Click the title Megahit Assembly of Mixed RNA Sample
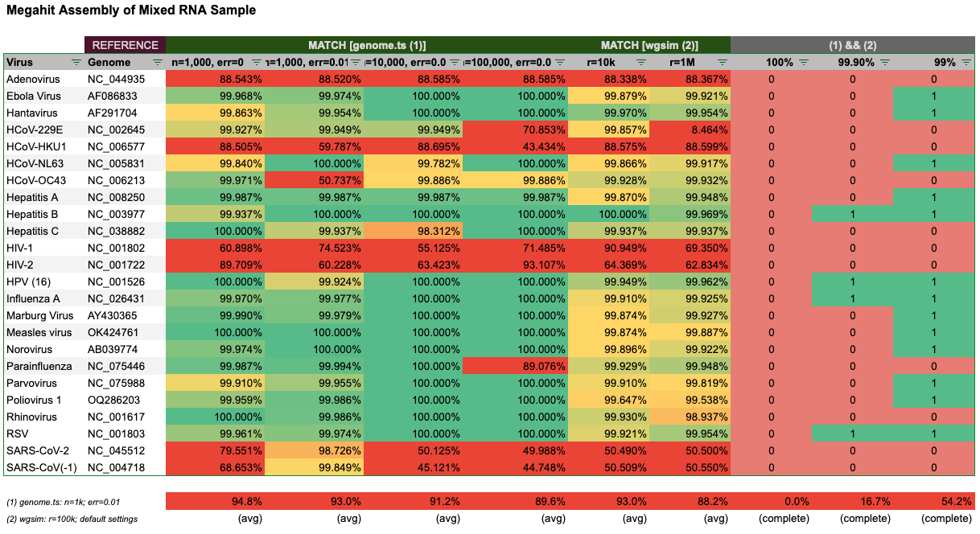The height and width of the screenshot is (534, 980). click(x=131, y=11)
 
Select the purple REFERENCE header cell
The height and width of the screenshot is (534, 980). click(x=126, y=46)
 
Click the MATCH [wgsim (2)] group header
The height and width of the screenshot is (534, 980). click(x=649, y=46)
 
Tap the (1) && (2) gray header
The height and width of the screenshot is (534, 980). click(x=852, y=46)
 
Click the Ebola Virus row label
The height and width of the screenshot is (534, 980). click(x=33, y=96)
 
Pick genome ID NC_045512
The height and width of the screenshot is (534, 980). click(x=116, y=450)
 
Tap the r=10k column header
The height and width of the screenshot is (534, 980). click(x=602, y=62)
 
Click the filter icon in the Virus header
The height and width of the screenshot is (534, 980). click(x=76, y=62)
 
